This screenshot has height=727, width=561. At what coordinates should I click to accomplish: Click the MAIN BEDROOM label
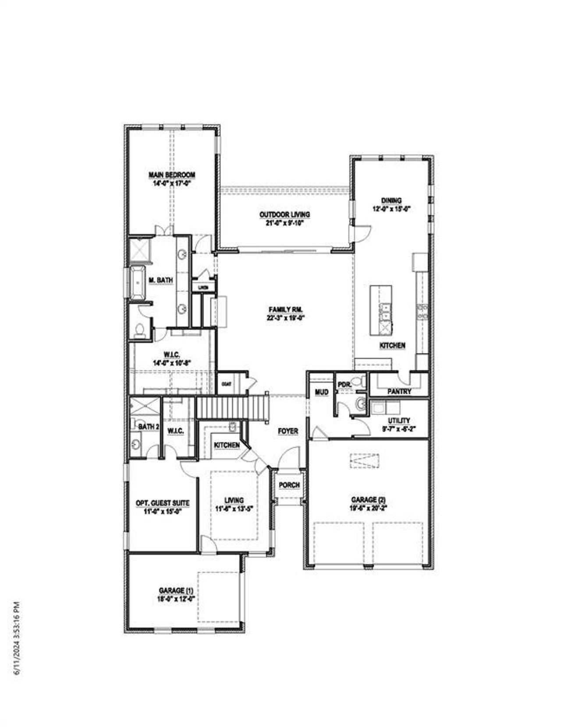click(x=172, y=175)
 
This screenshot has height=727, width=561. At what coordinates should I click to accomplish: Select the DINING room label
click(x=391, y=200)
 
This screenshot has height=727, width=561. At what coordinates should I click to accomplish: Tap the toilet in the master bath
click(x=140, y=330)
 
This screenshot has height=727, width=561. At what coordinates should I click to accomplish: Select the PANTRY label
click(x=399, y=391)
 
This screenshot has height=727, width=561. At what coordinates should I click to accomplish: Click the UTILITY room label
click(x=399, y=421)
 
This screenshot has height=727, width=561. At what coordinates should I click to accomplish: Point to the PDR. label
click(x=343, y=385)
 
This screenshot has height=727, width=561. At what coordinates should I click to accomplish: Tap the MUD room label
click(x=322, y=392)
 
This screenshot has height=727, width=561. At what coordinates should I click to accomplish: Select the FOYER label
click(x=288, y=431)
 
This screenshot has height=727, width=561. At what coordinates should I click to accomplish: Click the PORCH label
click(x=289, y=485)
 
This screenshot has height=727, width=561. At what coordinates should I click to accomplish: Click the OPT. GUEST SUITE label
click(x=163, y=503)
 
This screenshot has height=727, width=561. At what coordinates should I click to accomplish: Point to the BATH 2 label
click(x=148, y=426)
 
